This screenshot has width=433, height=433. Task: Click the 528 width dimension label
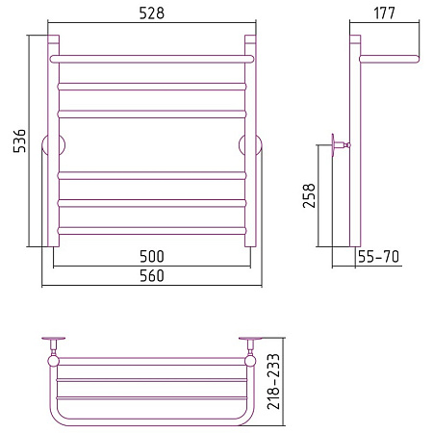point(152,13)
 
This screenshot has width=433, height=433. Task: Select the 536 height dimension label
point(19,140)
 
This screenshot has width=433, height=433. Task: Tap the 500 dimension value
point(152,256)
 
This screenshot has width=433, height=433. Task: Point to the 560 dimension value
point(152,275)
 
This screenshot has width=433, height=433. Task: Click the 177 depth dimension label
point(384,13)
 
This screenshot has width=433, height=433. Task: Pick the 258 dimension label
point(309,195)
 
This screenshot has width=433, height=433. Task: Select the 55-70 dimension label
point(378,257)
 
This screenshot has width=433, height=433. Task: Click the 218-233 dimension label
point(273,381)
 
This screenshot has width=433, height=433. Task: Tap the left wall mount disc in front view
point(53,145)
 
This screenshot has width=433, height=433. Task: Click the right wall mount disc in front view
point(250,145)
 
